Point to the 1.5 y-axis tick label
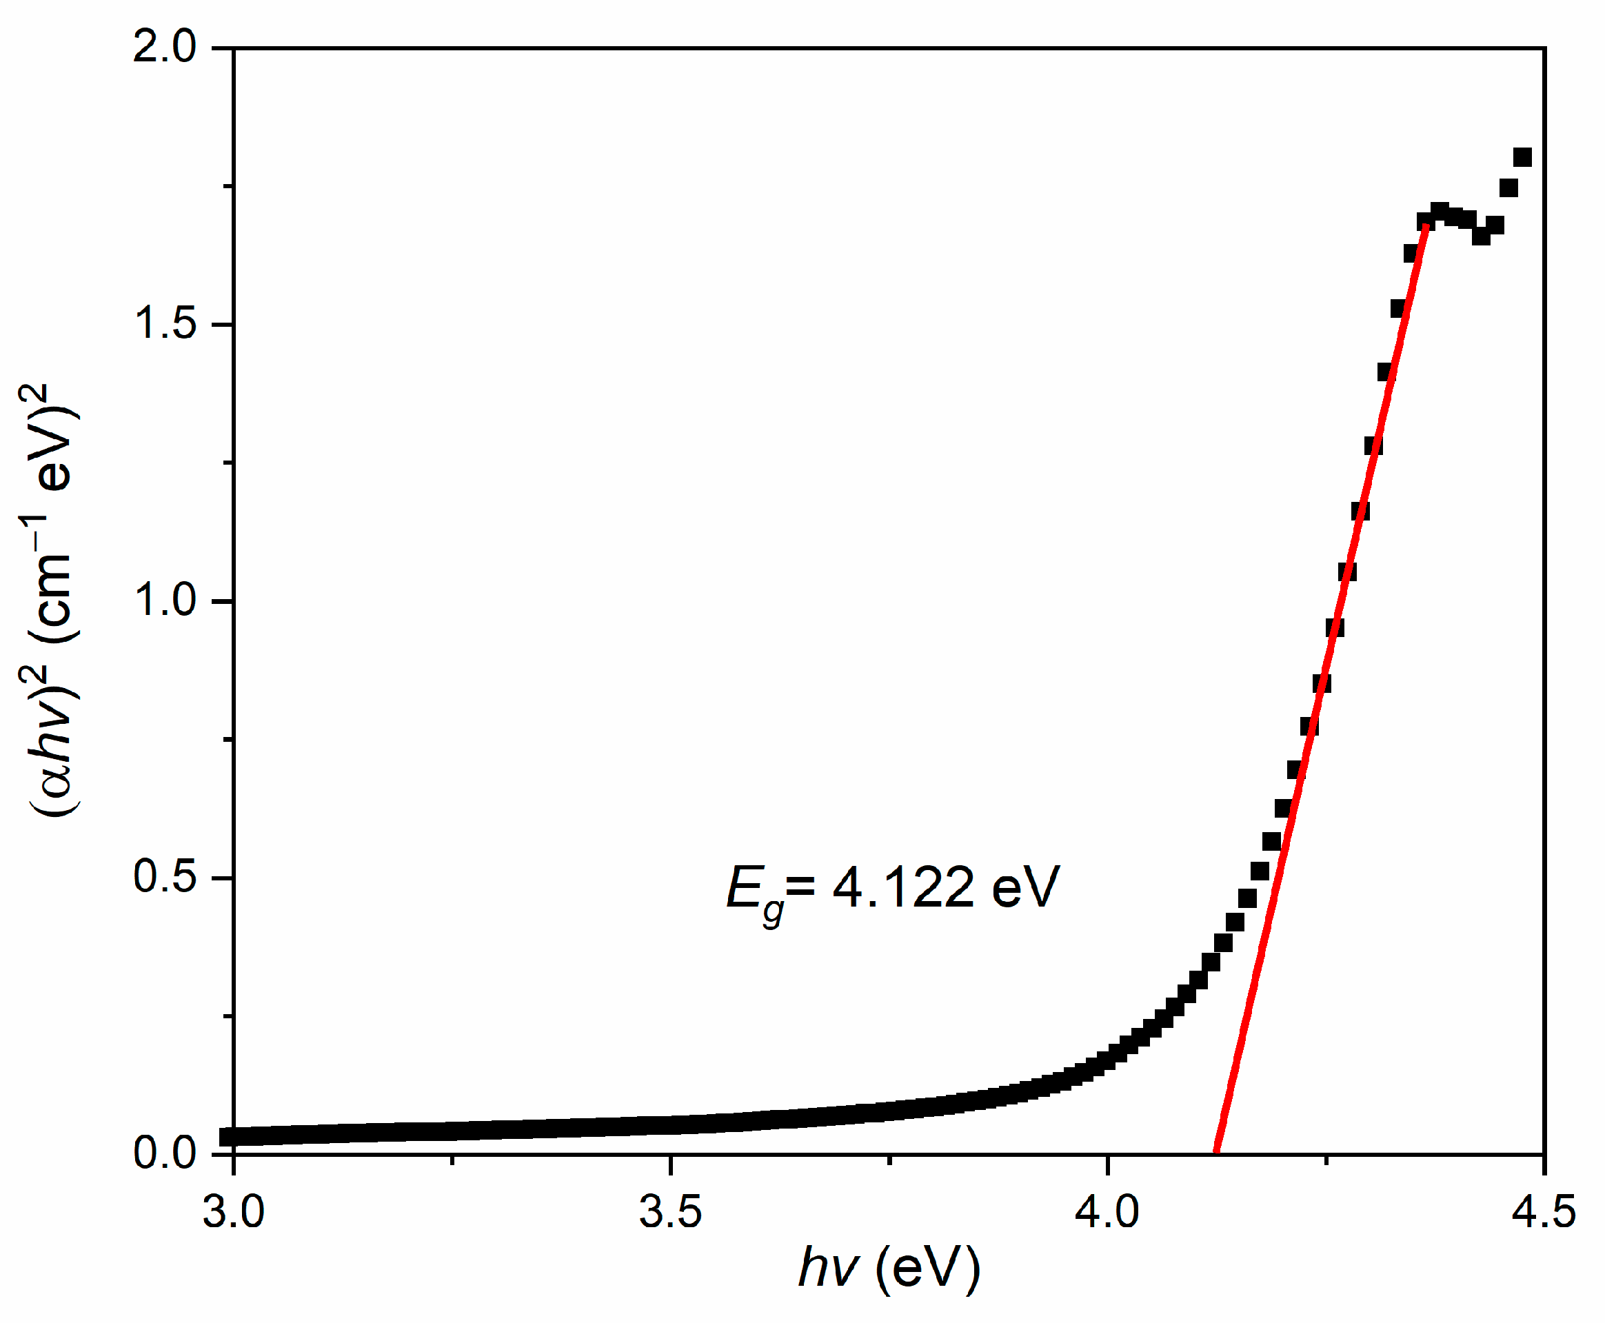coord(165,324)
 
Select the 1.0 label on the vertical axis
coord(165,600)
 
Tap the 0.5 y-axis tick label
coord(165,876)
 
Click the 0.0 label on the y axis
coord(165,1153)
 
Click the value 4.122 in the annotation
coord(903,887)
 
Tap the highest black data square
coord(1523,158)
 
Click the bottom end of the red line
coord(1216,1151)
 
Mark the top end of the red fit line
coord(1426,225)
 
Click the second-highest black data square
coord(1508,188)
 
